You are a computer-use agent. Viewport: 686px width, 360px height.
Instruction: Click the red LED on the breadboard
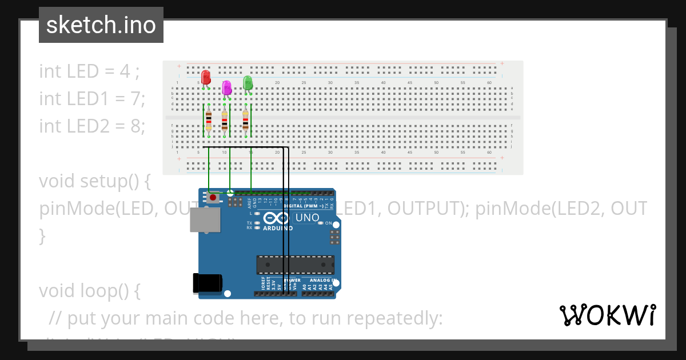click(x=206, y=77)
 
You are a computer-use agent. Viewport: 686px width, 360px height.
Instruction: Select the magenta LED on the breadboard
click(x=227, y=87)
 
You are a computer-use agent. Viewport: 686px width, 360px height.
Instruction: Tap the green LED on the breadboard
click(x=248, y=83)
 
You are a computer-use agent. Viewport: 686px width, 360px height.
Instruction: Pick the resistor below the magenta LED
click(x=225, y=121)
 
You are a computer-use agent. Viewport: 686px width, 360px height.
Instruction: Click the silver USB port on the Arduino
click(x=204, y=219)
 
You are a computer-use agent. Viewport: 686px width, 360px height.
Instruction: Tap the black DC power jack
click(x=207, y=283)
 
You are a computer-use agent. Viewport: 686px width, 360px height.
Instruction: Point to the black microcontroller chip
click(x=295, y=265)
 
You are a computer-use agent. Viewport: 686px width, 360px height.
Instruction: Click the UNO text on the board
click(x=307, y=218)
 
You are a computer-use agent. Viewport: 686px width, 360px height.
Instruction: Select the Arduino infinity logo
click(x=278, y=218)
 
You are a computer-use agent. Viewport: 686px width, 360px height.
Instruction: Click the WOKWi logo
click(x=607, y=315)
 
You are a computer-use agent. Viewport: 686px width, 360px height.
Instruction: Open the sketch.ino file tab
click(x=101, y=25)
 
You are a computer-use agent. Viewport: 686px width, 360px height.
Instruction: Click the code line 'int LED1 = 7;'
click(x=92, y=98)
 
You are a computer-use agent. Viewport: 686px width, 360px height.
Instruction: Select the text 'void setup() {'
click(x=95, y=181)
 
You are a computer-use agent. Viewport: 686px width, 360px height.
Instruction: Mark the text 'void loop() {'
click(x=90, y=291)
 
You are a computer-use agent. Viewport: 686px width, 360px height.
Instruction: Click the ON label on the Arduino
click(x=329, y=223)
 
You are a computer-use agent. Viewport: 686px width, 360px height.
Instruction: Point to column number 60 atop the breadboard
click(x=489, y=83)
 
